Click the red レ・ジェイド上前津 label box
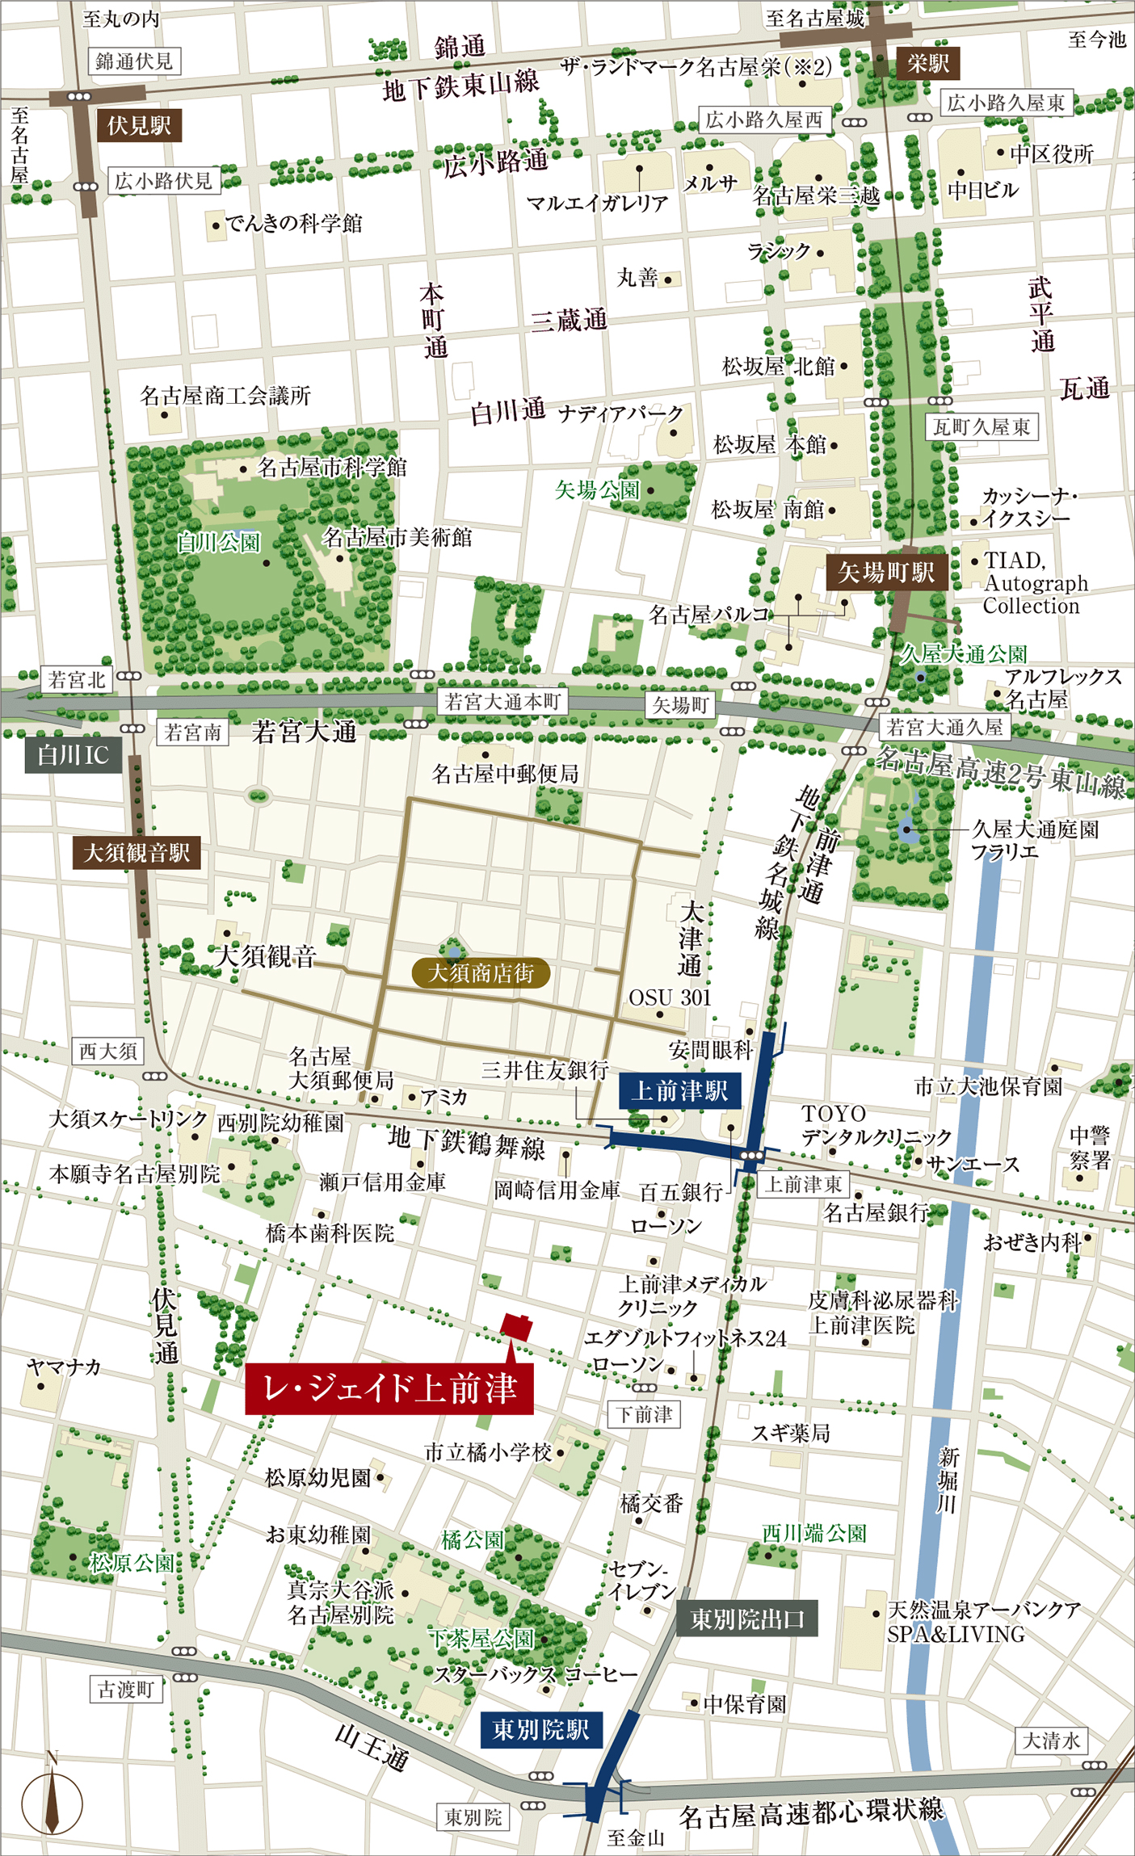point(389,1388)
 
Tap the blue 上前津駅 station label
point(679,1091)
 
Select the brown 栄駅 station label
point(927,64)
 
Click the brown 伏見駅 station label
point(139,125)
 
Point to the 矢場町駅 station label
point(885,573)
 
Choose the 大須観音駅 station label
point(137,853)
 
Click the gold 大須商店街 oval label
point(481,973)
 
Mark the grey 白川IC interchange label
point(73,755)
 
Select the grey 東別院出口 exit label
point(746,1619)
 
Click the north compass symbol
point(52,1803)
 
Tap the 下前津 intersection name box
point(644,1414)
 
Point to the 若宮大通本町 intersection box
point(502,702)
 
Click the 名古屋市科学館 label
point(331,468)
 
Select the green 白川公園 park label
point(219,541)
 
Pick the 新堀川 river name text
point(948,1480)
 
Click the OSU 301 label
point(670,997)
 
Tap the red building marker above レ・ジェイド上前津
point(516,1327)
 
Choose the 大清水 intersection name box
point(1050,1741)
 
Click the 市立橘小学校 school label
point(488,1452)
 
